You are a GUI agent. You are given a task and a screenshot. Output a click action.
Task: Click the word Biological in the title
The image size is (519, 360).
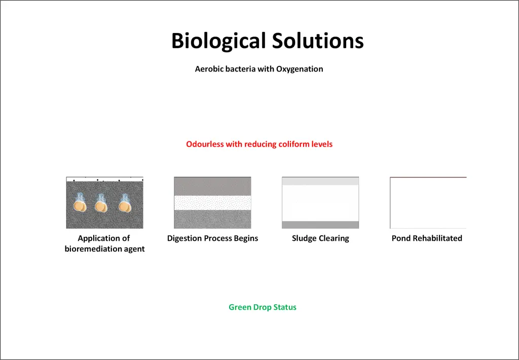(x=219, y=41)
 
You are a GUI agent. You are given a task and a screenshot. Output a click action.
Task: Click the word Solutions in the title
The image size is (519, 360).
(x=318, y=41)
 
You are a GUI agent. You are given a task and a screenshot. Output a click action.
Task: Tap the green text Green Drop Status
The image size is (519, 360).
(x=263, y=307)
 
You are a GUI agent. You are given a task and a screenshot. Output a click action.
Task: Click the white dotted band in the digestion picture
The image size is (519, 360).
(x=212, y=203)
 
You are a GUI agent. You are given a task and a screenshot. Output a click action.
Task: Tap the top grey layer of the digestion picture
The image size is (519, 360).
(x=212, y=187)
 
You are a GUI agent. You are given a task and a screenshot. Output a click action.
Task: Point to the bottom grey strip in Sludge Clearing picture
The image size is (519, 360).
(x=320, y=225)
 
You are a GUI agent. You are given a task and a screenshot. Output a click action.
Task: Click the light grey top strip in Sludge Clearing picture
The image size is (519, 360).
(x=320, y=181)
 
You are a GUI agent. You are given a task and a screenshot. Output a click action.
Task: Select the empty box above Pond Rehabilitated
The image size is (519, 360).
(x=390, y=203)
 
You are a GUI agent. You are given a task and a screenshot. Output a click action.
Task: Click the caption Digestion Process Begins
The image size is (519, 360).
(x=212, y=238)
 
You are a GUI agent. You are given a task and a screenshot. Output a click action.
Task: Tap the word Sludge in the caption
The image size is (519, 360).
(x=303, y=238)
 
